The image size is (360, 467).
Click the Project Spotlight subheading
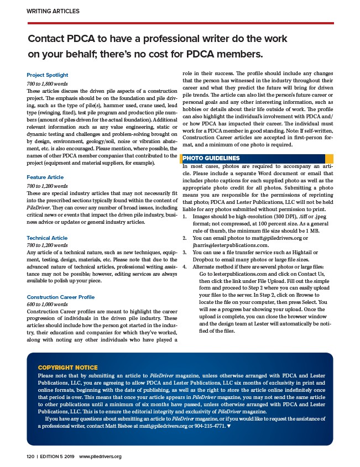(48, 75)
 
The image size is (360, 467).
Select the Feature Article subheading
(45, 177)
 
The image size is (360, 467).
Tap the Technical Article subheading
(47, 238)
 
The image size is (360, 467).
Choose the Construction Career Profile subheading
(61, 297)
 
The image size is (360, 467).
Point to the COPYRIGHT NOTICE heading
(67, 368)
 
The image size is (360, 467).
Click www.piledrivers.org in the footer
(100, 456)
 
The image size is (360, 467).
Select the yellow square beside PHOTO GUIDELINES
(329, 159)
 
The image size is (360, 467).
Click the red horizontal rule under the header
(180, 23)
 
